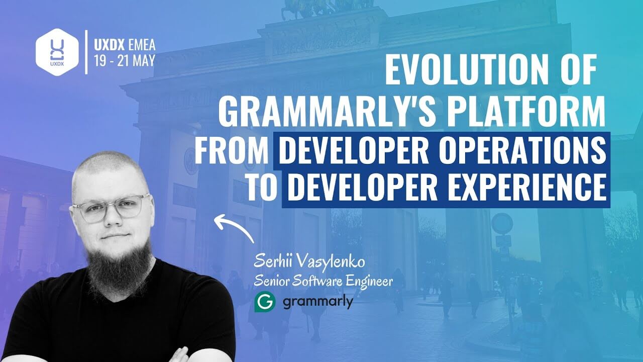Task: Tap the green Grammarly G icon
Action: point(265,302)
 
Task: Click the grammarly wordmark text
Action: point(317,302)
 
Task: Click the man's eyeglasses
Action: point(112,207)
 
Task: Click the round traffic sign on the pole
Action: point(502,223)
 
